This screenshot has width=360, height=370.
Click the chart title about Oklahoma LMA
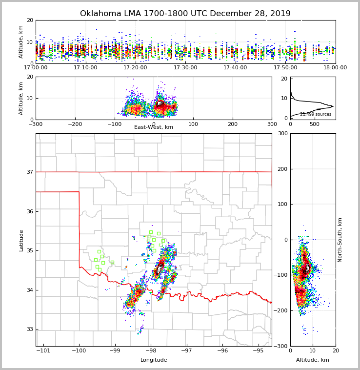tap(185, 14)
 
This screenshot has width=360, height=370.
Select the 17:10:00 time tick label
tap(85, 67)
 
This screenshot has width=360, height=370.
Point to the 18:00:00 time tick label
tap(335, 67)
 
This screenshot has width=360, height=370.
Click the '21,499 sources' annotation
tap(316, 114)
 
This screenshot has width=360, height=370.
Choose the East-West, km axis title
tap(154, 127)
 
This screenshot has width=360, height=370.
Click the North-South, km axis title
tap(340, 240)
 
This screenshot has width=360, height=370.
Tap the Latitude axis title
tap(21, 240)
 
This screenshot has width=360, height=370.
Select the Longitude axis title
tap(154, 360)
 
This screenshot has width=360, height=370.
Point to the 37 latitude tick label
tap(30, 172)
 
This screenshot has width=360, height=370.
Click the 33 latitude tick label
tap(30, 329)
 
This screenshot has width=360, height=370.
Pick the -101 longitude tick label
tap(43, 350)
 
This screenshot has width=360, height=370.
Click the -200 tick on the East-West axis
tap(75, 124)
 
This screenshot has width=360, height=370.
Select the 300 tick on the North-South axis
tap(282, 134)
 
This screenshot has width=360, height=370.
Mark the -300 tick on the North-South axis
tap(281, 346)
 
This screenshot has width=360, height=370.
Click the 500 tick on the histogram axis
tap(315, 124)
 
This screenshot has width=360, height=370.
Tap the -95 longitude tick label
tap(258, 350)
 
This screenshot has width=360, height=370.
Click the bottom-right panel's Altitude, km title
tap(313, 360)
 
